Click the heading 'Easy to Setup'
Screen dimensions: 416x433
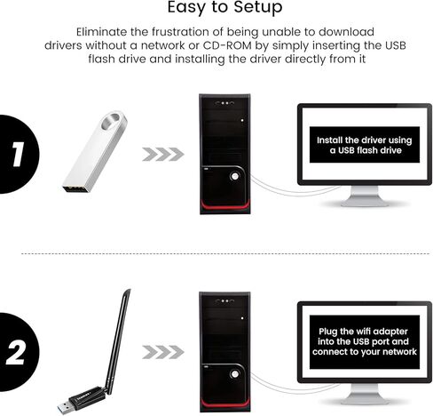(216, 9)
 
